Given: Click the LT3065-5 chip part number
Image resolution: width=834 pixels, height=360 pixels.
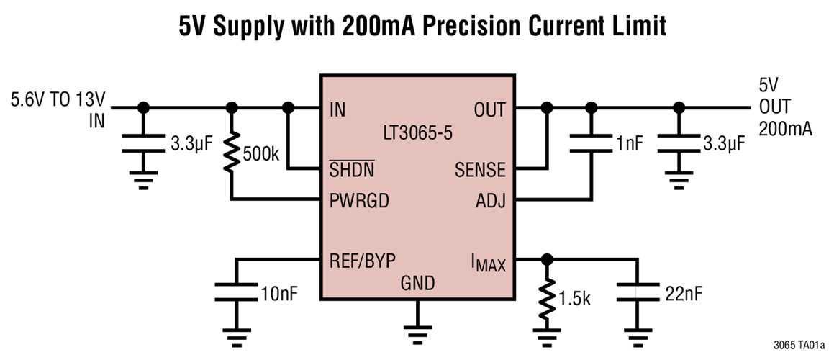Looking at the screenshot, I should coord(417,135).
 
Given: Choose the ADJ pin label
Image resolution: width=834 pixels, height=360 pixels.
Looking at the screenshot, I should coord(490,201).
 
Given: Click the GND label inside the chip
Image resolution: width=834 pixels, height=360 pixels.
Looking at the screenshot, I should coord(417,284).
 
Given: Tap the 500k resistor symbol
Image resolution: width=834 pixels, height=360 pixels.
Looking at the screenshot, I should coord(232,153).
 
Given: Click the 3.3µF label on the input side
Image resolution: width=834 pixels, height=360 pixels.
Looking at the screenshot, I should coord(191,144).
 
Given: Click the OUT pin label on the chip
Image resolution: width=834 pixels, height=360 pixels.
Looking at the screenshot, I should coord(489,109).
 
